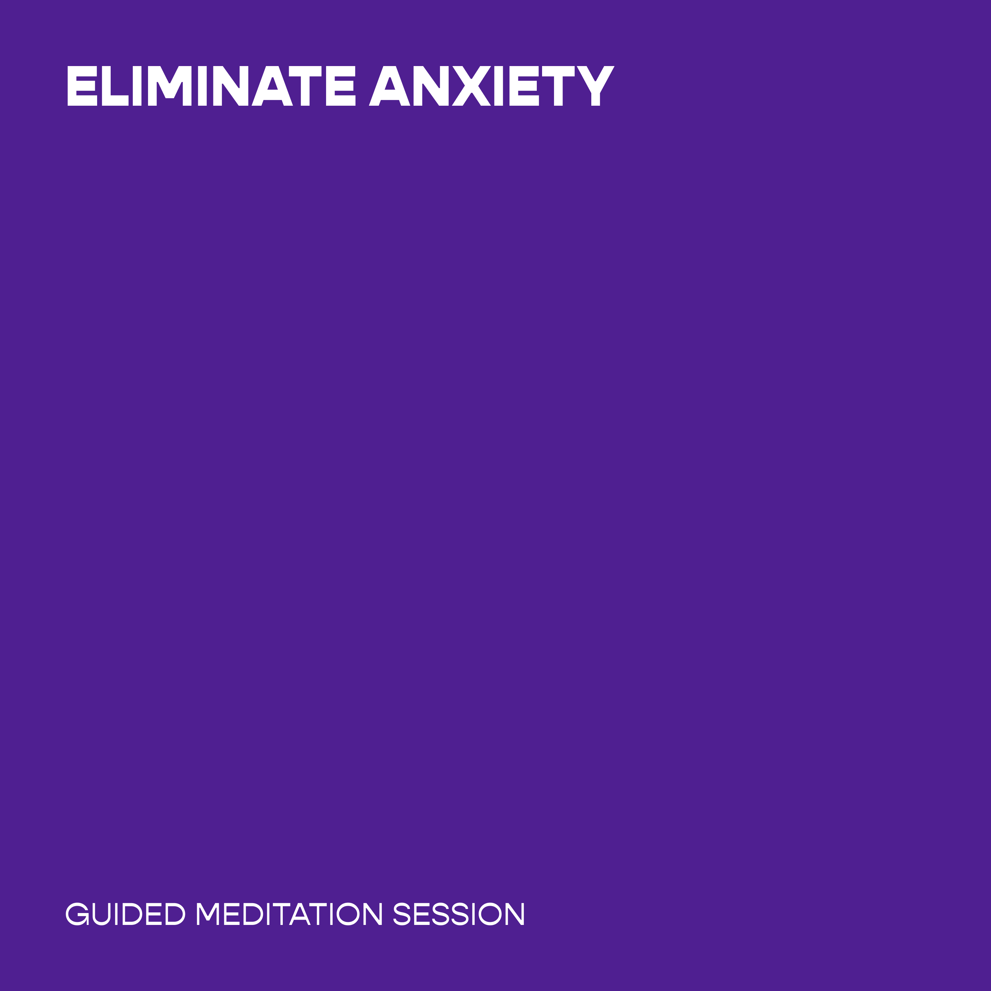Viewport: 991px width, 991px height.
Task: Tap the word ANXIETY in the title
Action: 492,86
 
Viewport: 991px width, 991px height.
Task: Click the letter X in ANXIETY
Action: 471,86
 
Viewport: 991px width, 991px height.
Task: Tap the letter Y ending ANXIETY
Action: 596,86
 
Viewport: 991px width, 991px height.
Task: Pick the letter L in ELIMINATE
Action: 115,86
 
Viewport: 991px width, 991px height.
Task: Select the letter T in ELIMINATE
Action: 305,86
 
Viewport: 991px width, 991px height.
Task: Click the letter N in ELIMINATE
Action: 231,86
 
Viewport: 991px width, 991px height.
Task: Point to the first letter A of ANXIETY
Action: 389,86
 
